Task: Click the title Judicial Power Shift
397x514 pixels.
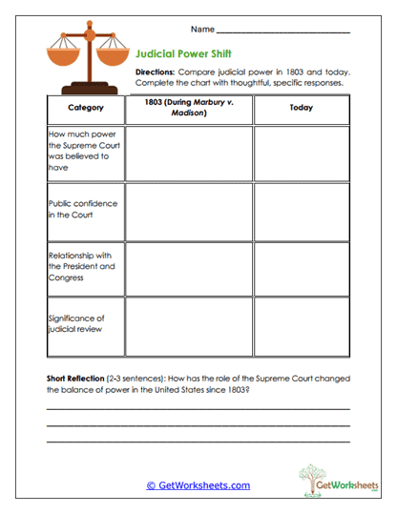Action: pos(183,54)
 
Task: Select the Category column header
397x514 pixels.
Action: pos(85,108)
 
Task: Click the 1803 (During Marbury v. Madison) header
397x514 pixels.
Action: pos(189,107)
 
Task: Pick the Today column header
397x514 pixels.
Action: pos(301,108)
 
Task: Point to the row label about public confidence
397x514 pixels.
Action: pos(76,209)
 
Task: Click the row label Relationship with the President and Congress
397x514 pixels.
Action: pos(81,266)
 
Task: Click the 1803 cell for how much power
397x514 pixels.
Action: pos(189,153)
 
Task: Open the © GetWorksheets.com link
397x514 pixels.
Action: pos(198,485)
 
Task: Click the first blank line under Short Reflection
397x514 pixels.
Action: pos(198,409)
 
